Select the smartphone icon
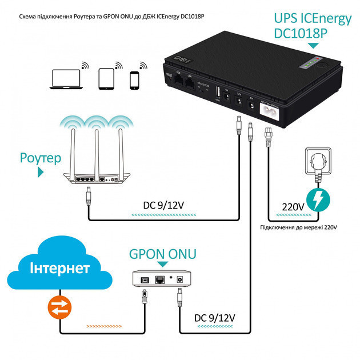click(x=135, y=79)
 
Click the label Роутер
click(x=39, y=157)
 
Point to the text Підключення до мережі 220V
click(x=298, y=227)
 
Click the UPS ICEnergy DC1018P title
click(x=311, y=26)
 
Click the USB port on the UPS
click(x=218, y=92)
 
